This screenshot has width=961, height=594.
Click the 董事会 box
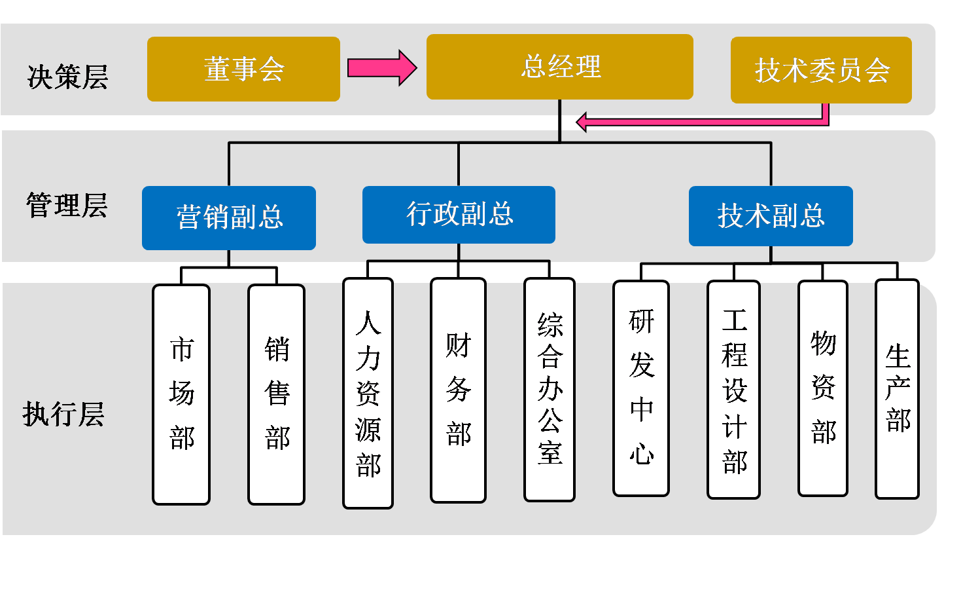click(x=243, y=69)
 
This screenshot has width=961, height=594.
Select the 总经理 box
click(x=559, y=67)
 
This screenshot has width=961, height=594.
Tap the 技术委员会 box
click(x=821, y=70)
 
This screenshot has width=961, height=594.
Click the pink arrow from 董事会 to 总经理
click(x=382, y=67)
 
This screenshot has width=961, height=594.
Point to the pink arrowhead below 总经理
click(x=582, y=122)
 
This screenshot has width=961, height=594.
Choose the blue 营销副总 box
click(x=229, y=217)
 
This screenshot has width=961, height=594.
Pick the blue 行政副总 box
click(x=459, y=215)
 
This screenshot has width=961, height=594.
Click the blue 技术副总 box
click(x=771, y=216)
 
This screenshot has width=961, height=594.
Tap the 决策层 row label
click(x=68, y=77)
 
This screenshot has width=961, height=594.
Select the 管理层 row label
click(x=67, y=206)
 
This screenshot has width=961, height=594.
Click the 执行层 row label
click(x=63, y=414)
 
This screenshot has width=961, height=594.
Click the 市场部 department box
click(x=181, y=394)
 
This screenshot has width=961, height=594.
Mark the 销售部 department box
click(x=276, y=394)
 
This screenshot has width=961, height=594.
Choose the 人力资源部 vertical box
click(x=368, y=393)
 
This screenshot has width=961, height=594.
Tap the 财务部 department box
click(x=458, y=390)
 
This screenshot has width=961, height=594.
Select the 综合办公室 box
click(x=550, y=390)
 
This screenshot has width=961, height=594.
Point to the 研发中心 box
click(x=641, y=388)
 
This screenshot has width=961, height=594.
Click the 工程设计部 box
click(x=733, y=390)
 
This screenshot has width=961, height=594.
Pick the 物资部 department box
click(x=823, y=388)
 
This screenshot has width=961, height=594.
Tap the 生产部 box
click(x=898, y=389)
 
